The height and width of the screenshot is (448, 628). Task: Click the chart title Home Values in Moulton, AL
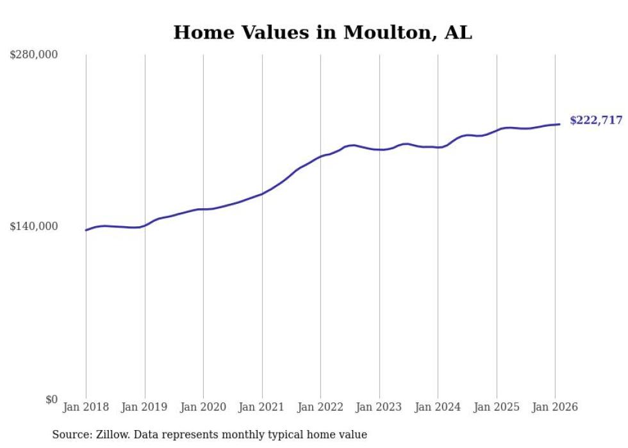coord(322,33)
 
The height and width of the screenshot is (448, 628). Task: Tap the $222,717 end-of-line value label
coord(595,120)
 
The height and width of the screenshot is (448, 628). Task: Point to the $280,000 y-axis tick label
coord(34,54)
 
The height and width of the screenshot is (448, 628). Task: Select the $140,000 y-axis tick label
coord(34,226)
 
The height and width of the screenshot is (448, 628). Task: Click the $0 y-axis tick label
coord(51,399)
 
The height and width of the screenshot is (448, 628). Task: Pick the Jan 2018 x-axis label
coord(86,407)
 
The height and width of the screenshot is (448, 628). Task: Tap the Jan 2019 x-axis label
coord(145,407)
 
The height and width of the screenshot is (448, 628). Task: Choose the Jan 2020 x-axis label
coord(203,407)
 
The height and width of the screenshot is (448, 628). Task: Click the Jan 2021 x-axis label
coord(262,407)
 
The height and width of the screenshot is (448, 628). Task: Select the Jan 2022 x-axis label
coord(320,407)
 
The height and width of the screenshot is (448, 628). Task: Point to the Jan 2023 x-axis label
coord(379,407)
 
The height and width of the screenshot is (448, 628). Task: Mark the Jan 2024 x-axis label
coord(438,407)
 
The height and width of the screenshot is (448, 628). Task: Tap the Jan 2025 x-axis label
coord(497,407)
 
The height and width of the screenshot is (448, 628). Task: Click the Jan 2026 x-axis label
coord(555,407)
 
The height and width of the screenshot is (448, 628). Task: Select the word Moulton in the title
coord(390,33)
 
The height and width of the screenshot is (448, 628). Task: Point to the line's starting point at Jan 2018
coord(86,230)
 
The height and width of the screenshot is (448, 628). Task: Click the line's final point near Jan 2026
coord(559,124)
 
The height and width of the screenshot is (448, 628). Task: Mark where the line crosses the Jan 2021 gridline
coord(262,194)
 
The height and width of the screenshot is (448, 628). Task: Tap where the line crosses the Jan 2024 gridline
coord(438,147)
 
